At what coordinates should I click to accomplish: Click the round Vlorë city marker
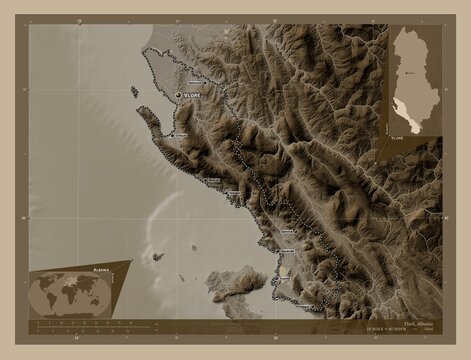[x=179, y=94]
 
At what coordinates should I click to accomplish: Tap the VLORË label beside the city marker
[x=192, y=94]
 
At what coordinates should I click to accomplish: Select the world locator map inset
[x=70, y=293]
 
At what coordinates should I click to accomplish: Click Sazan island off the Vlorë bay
[x=134, y=92]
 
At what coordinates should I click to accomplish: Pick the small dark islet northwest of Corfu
[x=157, y=257]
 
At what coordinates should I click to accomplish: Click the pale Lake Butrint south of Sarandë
[x=285, y=270]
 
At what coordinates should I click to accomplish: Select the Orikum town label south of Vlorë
[x=179, y=135]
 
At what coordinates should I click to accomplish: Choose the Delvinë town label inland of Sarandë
[x=291, y=231]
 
